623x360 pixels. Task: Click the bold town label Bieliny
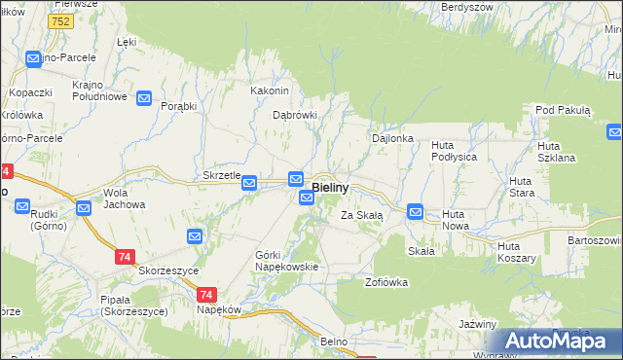click(x=339, y=186)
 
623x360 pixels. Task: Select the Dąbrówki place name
click(x=295, y=115)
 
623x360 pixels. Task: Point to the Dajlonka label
click(x=393, y=139)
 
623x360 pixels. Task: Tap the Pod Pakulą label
click(x=562, y=111)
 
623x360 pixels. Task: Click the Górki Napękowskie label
click(x=286, y=260)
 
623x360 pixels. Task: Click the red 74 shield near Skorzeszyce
click(x=124, y=257)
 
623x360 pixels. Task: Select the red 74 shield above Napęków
click(x=205, y=295)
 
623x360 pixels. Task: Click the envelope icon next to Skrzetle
click(x=249, y=182)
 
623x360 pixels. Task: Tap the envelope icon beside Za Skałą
click(x=415, y=211)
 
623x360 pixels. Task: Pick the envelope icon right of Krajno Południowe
click(x=144, y=97)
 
